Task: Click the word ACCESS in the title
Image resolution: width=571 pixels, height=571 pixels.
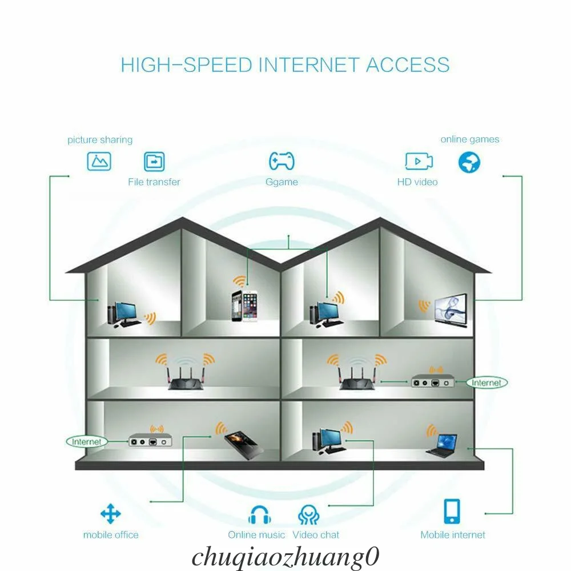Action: [x=407, y=65]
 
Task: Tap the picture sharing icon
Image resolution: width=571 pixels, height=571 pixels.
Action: [x=99, y=162]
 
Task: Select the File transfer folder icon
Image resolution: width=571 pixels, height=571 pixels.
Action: [x=154, y=162]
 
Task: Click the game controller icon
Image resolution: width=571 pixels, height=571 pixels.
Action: [x=282, y=162]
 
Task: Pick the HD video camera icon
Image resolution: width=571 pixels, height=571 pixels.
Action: [x=419, y=162]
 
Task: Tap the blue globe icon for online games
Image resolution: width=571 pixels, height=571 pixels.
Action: [x=469, y=162]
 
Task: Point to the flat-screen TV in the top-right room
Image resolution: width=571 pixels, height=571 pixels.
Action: [x=451, y=309]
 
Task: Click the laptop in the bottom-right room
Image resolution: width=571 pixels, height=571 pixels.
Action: [x=442, y=445]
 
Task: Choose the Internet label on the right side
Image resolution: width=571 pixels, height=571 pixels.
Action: [x=486, y=383]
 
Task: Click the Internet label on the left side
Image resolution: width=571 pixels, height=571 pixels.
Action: [x=87, y=441]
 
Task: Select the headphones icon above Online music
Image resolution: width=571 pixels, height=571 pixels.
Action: [x=260, y=515]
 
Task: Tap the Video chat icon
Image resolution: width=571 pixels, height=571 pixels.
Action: [x=309, y=515]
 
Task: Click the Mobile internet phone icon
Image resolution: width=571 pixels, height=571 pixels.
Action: [x=452, y=511]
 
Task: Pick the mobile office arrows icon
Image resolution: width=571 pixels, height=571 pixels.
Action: [x=111, y=514]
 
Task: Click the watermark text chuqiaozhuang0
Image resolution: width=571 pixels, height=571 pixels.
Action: [x=285, y=556]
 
